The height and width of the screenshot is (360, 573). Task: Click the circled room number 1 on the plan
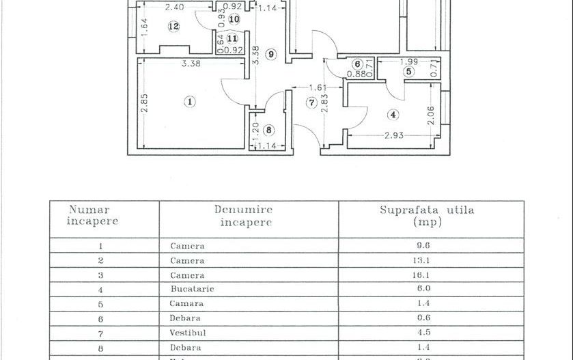pyautogui.click(x=190, y=102)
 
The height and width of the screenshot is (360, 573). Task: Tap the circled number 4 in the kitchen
pyautogui.click(x=393, y=114)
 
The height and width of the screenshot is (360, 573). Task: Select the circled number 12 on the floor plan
pyautogui.click(x=173, y=27)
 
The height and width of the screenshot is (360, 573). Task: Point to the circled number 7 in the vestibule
pyautogui.click(x=311, y=103)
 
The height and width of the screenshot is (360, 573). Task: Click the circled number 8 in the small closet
pyautogui.click(x=268, y=130)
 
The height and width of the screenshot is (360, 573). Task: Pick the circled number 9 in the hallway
pyautogui.click(x=271, y=55)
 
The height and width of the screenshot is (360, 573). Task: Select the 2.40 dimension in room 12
pyautogui.click(x=175, y=8)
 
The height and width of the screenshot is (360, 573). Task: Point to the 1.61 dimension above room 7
pyautogui.click(x=316, y=88)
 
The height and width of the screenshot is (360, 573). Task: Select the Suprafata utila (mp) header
pyautogui.click(x=428, y=217)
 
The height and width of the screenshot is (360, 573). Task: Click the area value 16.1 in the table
pyautogui.click(x=430, y=275)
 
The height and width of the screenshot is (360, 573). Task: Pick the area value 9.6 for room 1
pyautogui.click(x=430, y=245)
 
